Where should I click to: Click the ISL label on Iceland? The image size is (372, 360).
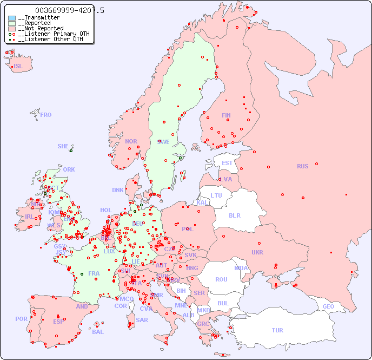tap(18, 67)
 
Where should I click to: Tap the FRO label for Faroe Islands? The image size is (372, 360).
tap(46, 115)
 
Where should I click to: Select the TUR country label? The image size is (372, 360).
tap(277, 330)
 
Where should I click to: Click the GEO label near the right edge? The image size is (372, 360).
tap(328, 306)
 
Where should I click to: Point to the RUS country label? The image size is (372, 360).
tap(302, 166)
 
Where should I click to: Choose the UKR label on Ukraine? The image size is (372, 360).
tap(257, 252)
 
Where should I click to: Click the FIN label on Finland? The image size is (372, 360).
tap(226, 115)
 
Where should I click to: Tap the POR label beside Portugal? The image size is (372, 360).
tap(21, 319)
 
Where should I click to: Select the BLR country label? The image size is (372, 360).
tap(235, 215)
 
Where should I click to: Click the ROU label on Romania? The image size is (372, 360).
tap(222, 279)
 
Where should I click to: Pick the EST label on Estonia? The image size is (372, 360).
tap(227, 163)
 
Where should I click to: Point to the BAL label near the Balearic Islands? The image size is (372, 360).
tap(98, 332)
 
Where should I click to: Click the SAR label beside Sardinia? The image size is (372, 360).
tap(142, 320)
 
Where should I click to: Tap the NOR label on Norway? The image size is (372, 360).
tap(131, 141)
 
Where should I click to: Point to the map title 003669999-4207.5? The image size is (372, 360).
tap(70, 10)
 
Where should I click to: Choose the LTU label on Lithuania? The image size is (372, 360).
tap(216, 195)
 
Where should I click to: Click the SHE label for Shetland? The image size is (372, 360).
tap(63, 146)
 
